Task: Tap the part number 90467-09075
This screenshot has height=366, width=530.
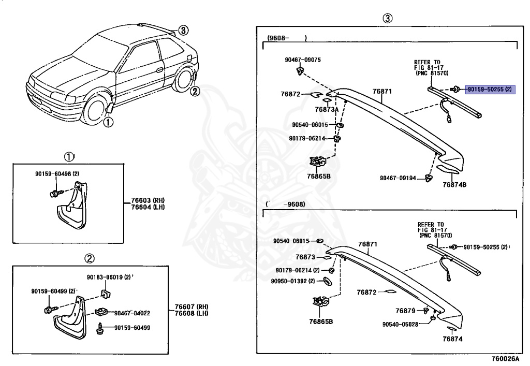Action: tap(302, 60)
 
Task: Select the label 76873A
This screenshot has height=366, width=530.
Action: tap(327, 109)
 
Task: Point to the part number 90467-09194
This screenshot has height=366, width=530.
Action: tap(397, 178)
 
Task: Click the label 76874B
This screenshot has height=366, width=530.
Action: tap(454, 185)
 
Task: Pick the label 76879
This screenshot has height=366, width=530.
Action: tap(405, 311)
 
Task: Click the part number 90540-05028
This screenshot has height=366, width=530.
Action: tap(400, 325)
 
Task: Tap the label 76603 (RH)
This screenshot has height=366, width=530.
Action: tap(148, 200)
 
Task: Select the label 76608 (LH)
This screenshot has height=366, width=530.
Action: tap(192, 313)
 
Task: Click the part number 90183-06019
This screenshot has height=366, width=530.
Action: tap(105, 277)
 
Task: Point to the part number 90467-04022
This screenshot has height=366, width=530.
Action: tap(132, 313)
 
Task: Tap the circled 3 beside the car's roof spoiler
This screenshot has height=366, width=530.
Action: tap(183, 31)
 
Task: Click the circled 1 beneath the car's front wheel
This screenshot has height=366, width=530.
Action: tap(108, 122)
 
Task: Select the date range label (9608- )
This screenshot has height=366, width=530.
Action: tap(287, 38)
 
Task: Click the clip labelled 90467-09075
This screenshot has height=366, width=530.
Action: tap(300, 70)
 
